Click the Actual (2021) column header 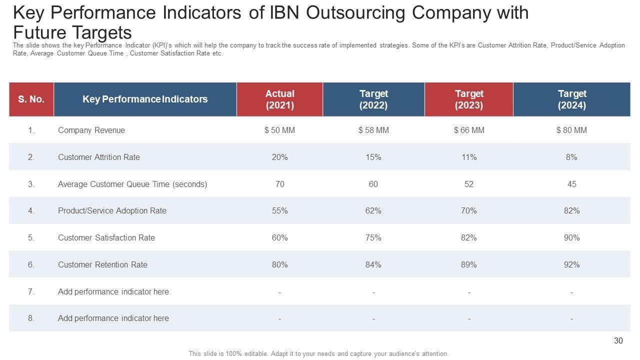(279, 99)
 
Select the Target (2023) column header (468, 99)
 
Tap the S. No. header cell (31, 99)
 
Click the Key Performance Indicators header (145, 99)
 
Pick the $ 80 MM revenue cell (571, 130)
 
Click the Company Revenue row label (91, 130)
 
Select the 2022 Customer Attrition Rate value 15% (373, 157)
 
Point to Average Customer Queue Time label (132, 184)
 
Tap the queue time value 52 (468, 184)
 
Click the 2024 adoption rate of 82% (571, 210)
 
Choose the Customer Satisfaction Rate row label (106, 237)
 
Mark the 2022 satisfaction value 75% (373, 237)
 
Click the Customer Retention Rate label (102, 264)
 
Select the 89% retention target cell (468, 264)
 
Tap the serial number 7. (31, 291)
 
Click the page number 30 (618, 340)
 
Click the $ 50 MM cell (279, 130)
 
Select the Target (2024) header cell (571, 99)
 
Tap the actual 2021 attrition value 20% (279, 157)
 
